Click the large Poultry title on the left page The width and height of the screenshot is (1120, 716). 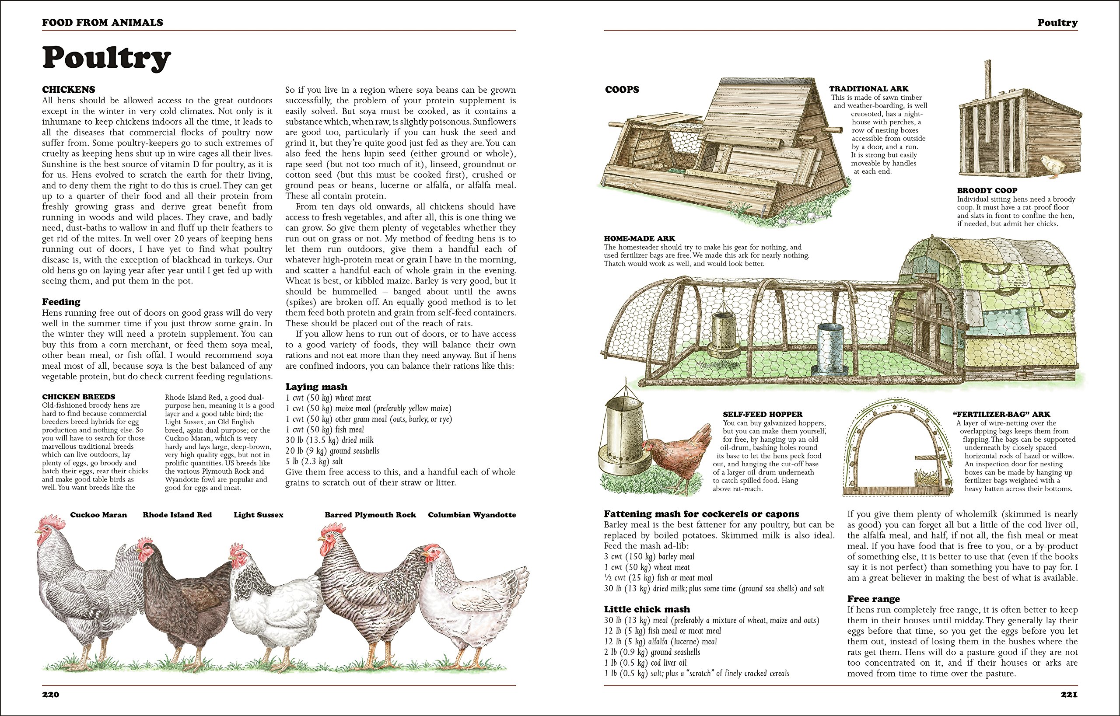tap(106, 58)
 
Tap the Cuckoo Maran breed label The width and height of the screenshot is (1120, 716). tap(98, 515)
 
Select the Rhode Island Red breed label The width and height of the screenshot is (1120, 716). tap(177, 515)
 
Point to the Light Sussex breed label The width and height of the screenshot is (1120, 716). tap(259, 515)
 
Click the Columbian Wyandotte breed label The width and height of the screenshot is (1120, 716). tap(472, 515)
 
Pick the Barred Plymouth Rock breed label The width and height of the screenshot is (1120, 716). tap(370, 515)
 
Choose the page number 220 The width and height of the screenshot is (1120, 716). tap(51, 695)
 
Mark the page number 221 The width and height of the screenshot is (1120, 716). tap(1069, 695)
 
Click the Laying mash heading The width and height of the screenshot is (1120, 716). tap(316, 386)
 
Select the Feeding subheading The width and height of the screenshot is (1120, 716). tap(61, 302)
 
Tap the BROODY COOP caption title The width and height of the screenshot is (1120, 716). tap(987, 191)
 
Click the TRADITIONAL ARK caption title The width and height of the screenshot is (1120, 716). tap(869, 89)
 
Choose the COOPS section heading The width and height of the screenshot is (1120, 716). tap(622, 90)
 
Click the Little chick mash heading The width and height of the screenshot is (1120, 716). tap(647, 609)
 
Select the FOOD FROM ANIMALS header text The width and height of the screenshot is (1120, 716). tap(102, 22)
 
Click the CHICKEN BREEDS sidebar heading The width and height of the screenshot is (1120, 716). tap(79, 397)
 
